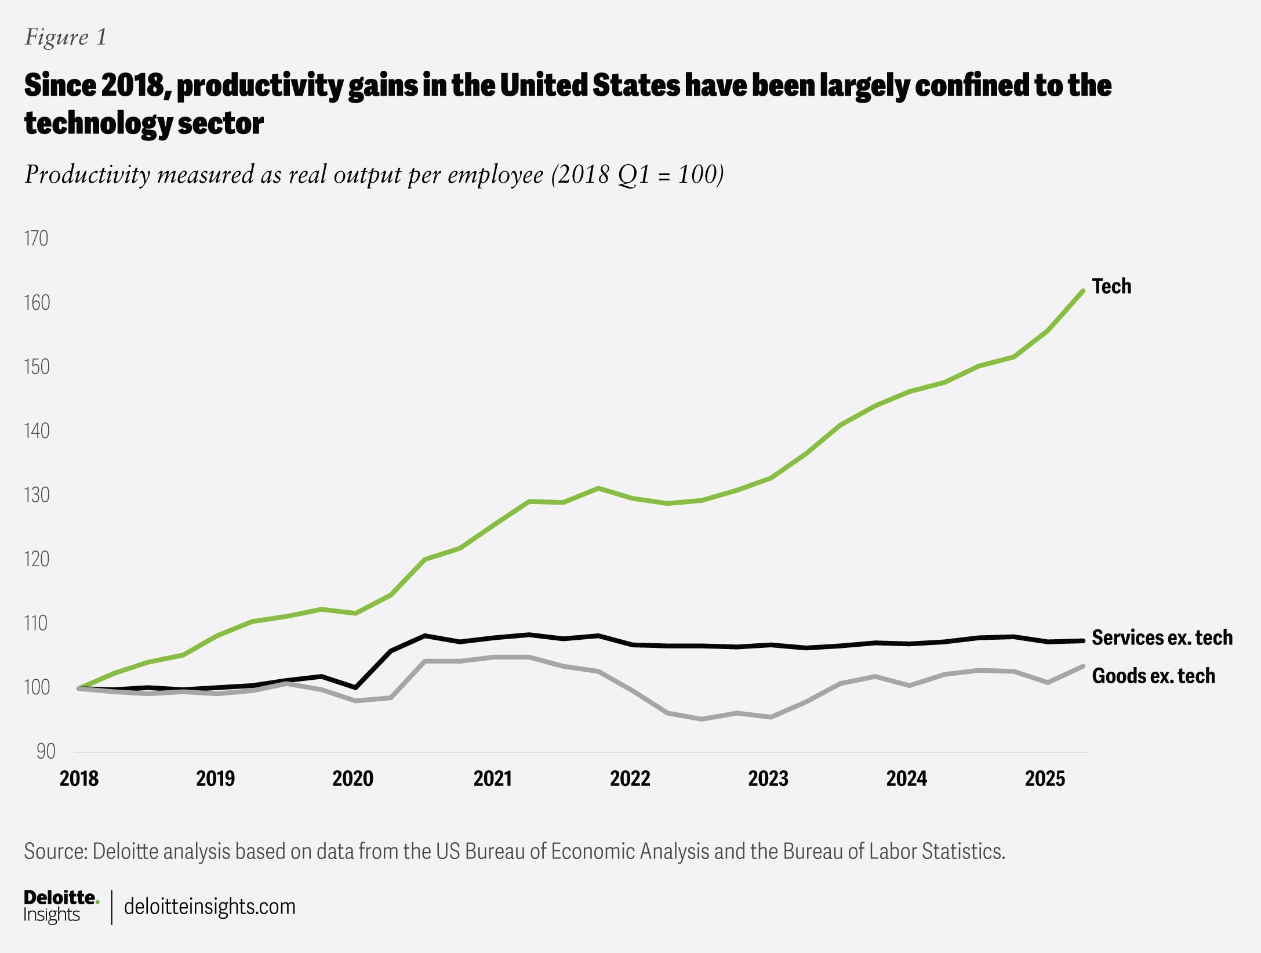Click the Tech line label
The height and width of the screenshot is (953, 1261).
1111,287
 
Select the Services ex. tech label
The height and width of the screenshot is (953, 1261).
1162,637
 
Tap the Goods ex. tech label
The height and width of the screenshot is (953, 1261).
1153,676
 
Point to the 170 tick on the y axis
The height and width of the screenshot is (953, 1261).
36,239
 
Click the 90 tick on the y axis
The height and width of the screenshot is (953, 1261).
45,752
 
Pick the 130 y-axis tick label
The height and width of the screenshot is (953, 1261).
36,495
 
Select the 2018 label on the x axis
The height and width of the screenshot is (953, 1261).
79,778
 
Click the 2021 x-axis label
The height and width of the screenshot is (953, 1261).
492,778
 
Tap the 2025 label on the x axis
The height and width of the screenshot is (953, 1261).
1045,778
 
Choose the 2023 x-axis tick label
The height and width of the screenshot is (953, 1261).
768,778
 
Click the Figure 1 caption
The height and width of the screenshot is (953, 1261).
66,37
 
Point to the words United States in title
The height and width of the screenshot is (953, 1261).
589,85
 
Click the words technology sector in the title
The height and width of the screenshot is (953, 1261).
144,123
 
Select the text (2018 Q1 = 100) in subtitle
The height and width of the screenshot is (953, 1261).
637,175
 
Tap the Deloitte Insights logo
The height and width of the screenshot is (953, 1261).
61,906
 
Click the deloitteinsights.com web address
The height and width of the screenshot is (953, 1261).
210,907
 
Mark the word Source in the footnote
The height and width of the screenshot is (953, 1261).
55,851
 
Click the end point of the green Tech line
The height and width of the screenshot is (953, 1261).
1082,291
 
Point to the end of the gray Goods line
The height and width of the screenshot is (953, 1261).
1082,666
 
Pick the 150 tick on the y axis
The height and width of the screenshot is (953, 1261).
36,367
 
